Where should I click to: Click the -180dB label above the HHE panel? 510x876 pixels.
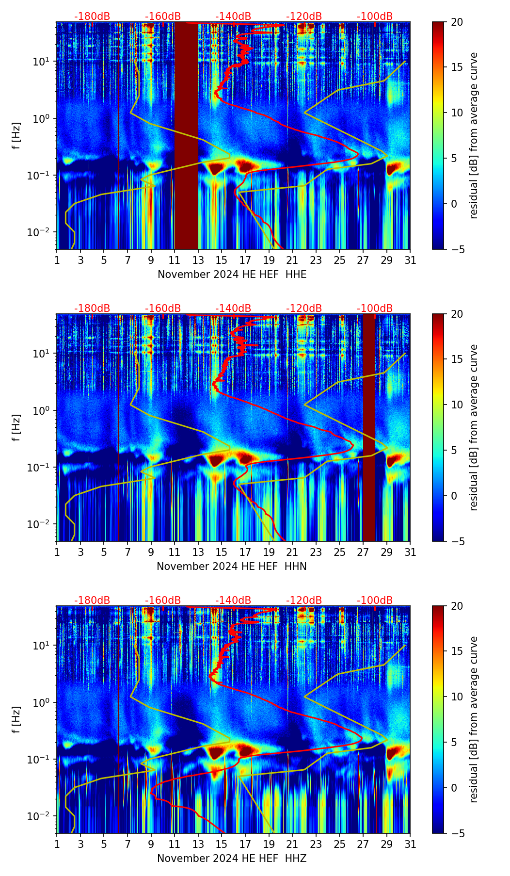pyautogui.click(x=92, y=16)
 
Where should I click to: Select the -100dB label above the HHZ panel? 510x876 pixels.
pyautogui.click(x=375, y=600)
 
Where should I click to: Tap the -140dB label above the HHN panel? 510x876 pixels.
pyautogui.click(x=233, y=308)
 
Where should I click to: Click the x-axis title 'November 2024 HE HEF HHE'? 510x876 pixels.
pyautogui.click(x=232, y=275)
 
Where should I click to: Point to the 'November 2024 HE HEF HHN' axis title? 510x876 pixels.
pyautogui.click(x=232, y=567)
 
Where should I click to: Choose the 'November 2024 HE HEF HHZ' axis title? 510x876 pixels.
pyautogui.click(x=232, y=859)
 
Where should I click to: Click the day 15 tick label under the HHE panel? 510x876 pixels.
pyautogui.click(x=222, y=260)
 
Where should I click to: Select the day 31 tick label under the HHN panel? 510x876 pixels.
pyautogui.click(x=410, y=552)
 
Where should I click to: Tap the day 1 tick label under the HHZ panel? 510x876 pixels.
pyautogui.click(x=57, y=844)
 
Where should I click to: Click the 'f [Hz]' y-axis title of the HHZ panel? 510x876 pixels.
pyautogui.click(x=16, y=719)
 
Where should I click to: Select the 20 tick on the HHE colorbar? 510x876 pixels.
pyautogui.click(x=457, y=22)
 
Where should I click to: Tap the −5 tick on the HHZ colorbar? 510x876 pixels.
pyautogui.click(x=457, y=833)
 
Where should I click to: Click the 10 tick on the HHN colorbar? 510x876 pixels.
pyautogui.click(x=457, y=405)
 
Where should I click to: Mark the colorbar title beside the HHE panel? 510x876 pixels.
pyautogui.click(x=474, y=135)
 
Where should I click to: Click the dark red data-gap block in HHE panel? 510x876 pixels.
pyautogui.click(x=186, y=136)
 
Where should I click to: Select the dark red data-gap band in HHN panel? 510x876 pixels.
pyautogui.click(x=369, y=427)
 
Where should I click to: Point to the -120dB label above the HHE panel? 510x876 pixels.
pyautogui.click(x=304, y=16)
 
